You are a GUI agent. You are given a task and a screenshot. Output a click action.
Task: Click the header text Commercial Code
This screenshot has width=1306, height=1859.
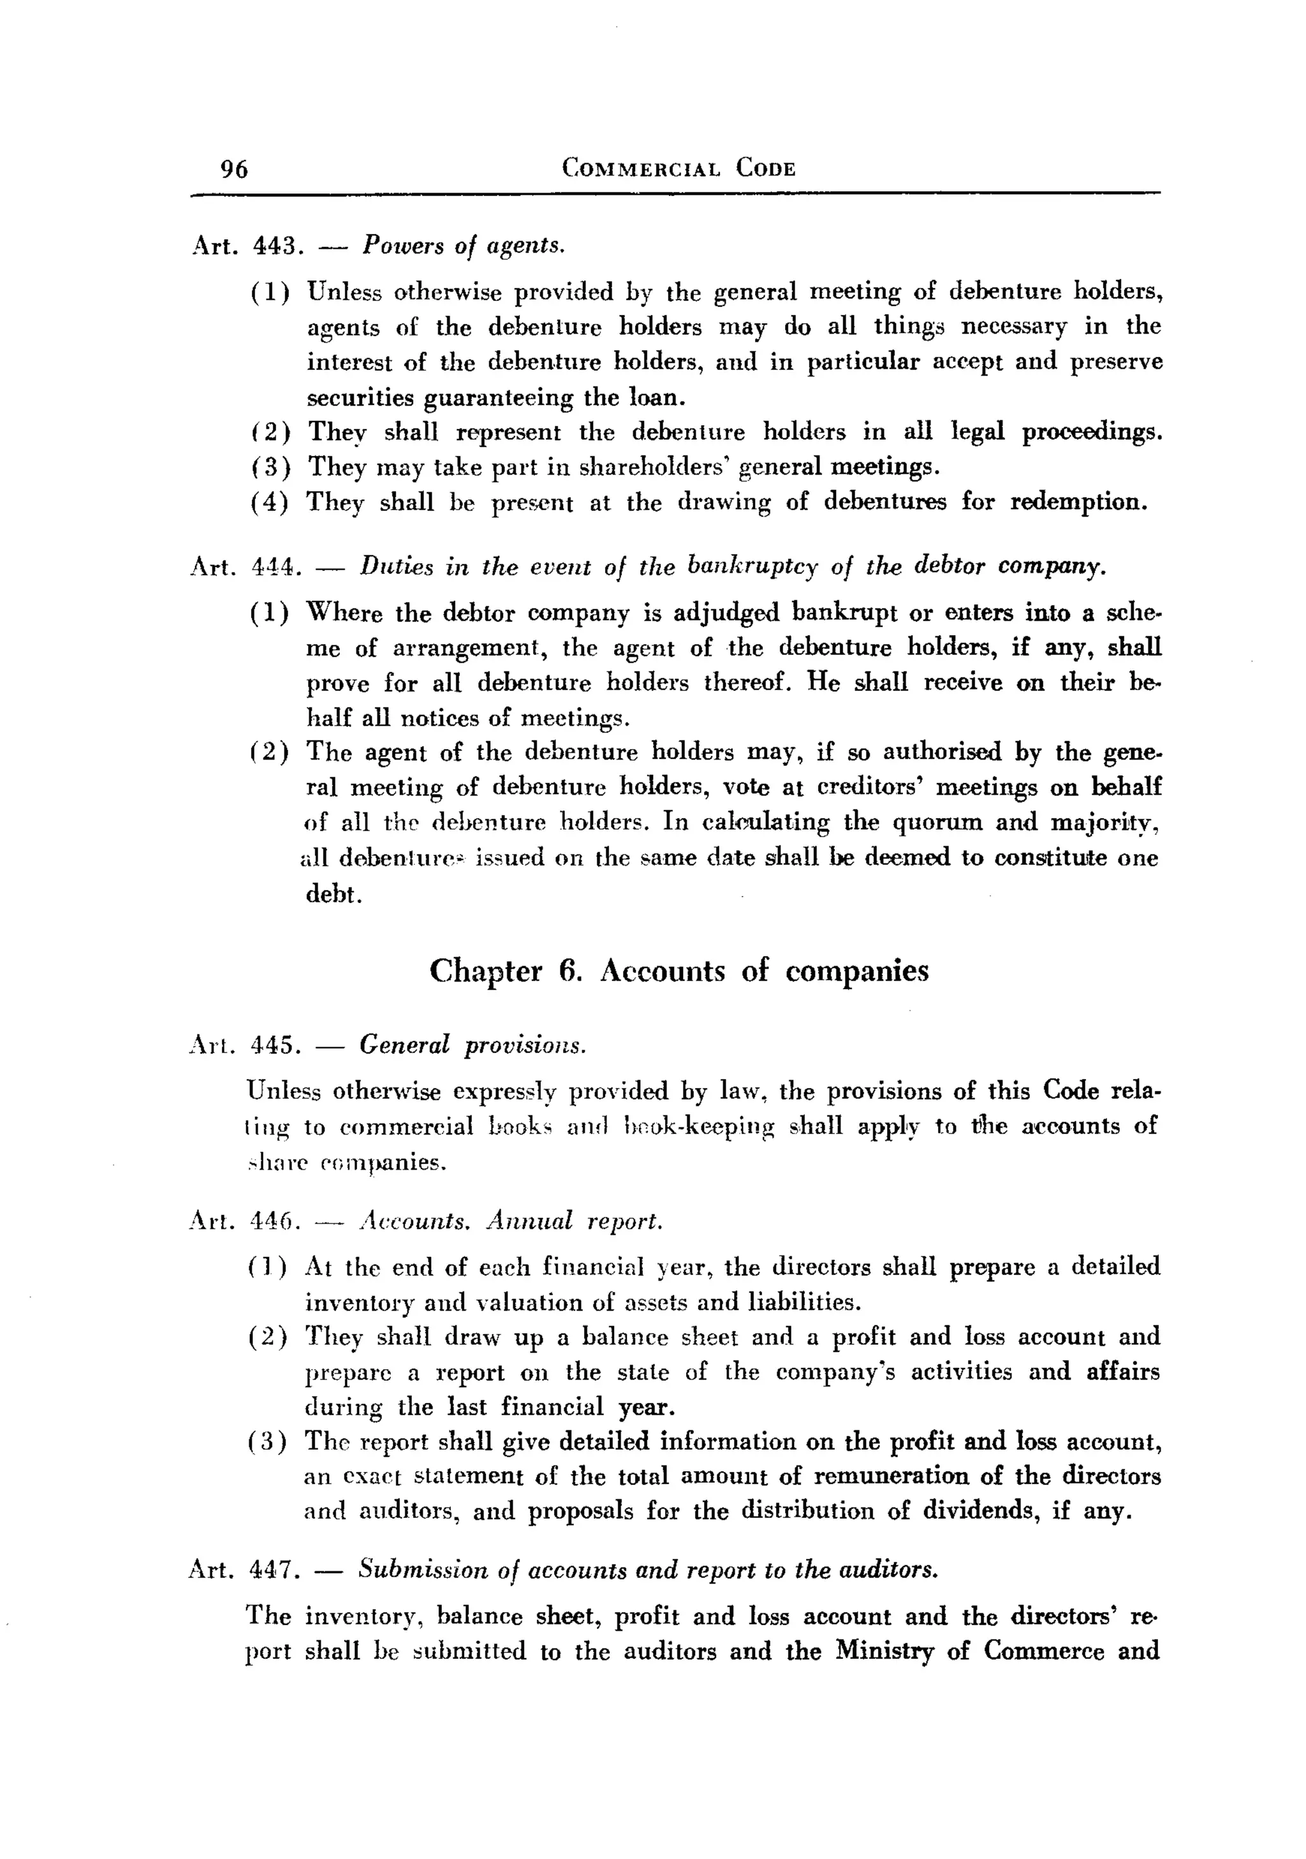(679, 168)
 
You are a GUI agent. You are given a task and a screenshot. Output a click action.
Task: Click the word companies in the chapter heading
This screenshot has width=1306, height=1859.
(856, 971)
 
